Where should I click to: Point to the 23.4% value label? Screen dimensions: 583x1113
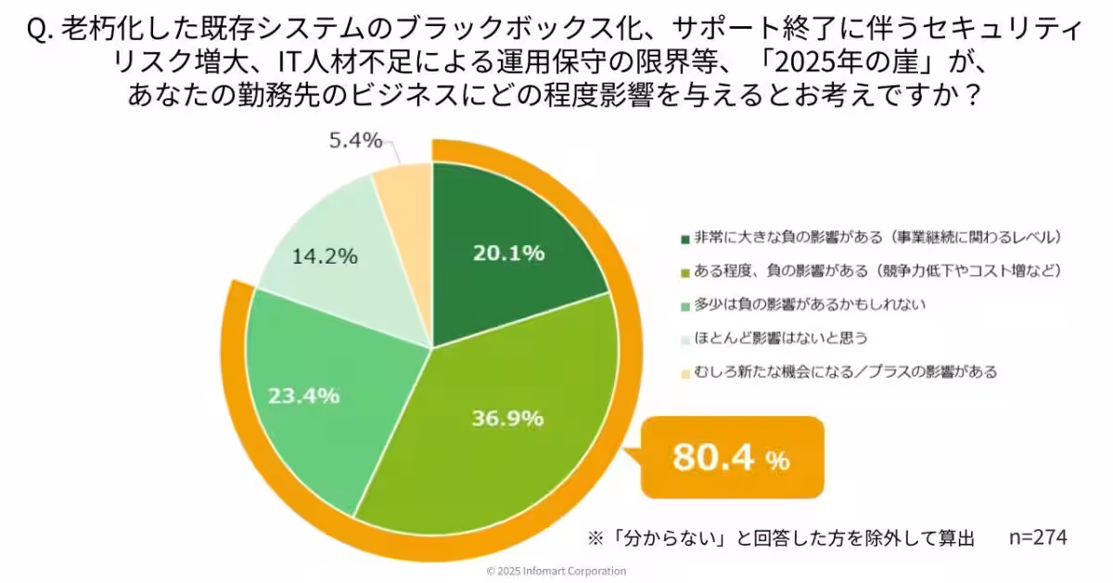tap(303, 396)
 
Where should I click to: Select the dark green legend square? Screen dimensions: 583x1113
tap(685, 239)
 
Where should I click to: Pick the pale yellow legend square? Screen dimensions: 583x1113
tap(685, 372)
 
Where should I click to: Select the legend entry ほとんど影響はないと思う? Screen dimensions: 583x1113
tap(780, 338)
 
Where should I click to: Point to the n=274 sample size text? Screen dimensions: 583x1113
tap(1037, 538)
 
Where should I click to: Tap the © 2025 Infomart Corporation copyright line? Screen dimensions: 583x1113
tap(556, 571)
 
